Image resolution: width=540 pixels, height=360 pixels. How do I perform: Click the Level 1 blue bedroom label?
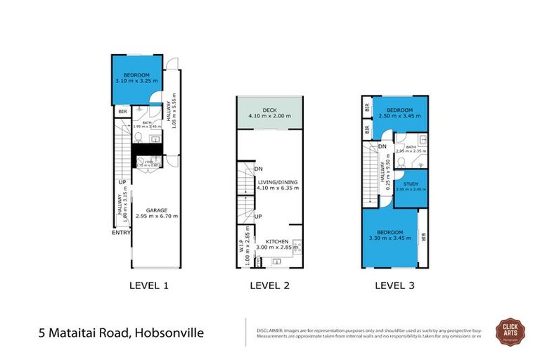tap(137, 76)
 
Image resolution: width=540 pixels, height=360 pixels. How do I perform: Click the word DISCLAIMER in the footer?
tap(269, 328)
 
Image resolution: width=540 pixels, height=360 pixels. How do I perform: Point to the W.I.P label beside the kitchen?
tap(241, 247)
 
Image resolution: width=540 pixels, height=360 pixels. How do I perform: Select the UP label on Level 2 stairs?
tap(258, 216)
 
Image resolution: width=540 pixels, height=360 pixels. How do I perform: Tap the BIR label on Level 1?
tap(122, 111)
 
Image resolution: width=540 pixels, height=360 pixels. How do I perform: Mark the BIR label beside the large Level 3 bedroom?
tap(423, 239)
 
